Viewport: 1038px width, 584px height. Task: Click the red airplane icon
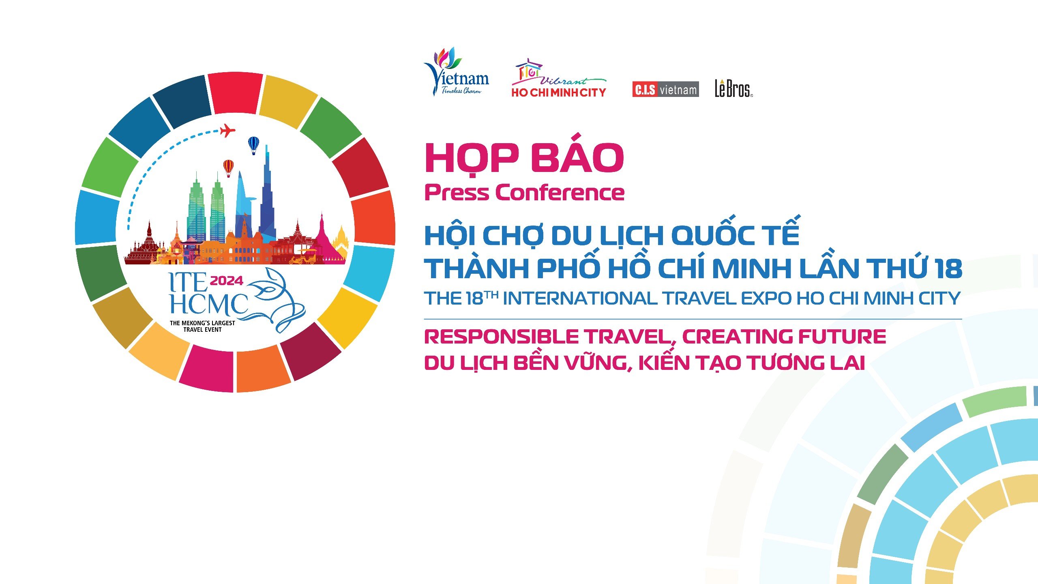[227, 131]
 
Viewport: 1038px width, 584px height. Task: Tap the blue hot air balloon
[253, 145]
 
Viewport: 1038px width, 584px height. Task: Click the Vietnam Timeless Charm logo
[456, 72]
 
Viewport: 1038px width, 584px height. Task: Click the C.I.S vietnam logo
[665, 89]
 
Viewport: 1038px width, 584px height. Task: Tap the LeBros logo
[733, 88]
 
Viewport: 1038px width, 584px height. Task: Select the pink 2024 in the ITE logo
[226, 281]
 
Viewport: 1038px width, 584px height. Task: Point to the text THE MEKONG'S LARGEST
[202, 323]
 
